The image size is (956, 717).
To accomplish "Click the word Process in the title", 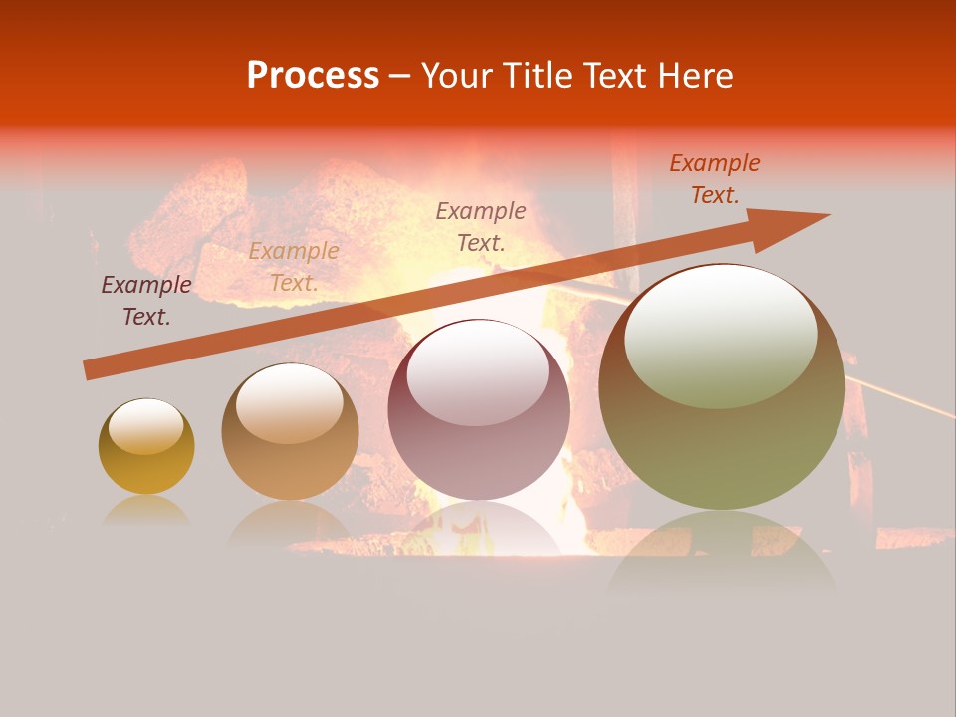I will pos(313,76).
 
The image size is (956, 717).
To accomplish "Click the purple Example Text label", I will pos(146,301).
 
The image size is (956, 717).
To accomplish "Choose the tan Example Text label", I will pos(293,267).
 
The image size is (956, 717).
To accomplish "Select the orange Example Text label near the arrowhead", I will pos(714,179).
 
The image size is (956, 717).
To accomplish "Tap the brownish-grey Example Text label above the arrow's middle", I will pos(481,226).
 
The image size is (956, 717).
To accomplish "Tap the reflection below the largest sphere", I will pos(722,553).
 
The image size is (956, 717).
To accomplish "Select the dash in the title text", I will pos(400,77).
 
